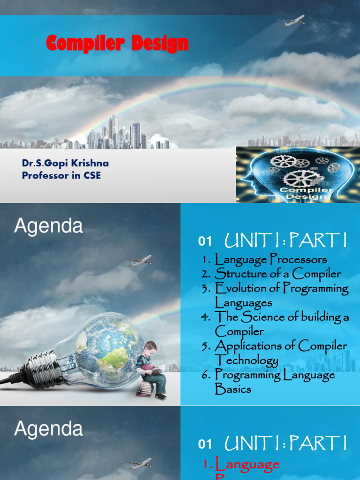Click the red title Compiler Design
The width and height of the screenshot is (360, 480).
click(117, 44)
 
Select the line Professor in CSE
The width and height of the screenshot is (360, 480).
click(61, 176)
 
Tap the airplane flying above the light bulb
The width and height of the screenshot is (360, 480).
click(139, 261)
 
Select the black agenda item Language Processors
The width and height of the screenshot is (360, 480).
click(270, 259)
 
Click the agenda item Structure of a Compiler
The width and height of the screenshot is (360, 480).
click(277, 274)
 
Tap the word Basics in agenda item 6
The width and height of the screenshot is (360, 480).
click(233, 390)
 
